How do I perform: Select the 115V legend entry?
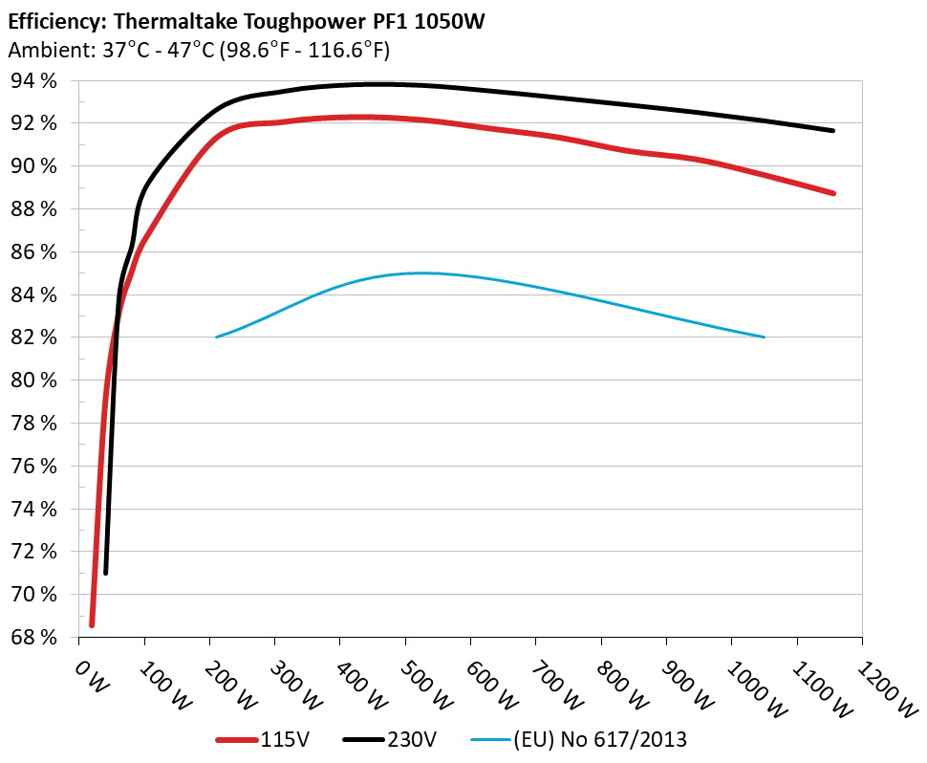[284, 739]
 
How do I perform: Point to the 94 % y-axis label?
[34, 80]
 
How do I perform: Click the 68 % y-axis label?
[34, 637]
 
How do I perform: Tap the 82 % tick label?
[34, 338]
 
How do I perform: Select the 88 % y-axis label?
[34, 208]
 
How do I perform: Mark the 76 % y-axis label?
[34, 466]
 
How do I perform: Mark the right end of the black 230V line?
[832, 130]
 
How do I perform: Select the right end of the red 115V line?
[832, 193]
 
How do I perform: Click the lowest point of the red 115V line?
[92, 624]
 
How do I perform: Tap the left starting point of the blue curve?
[218, 337]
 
